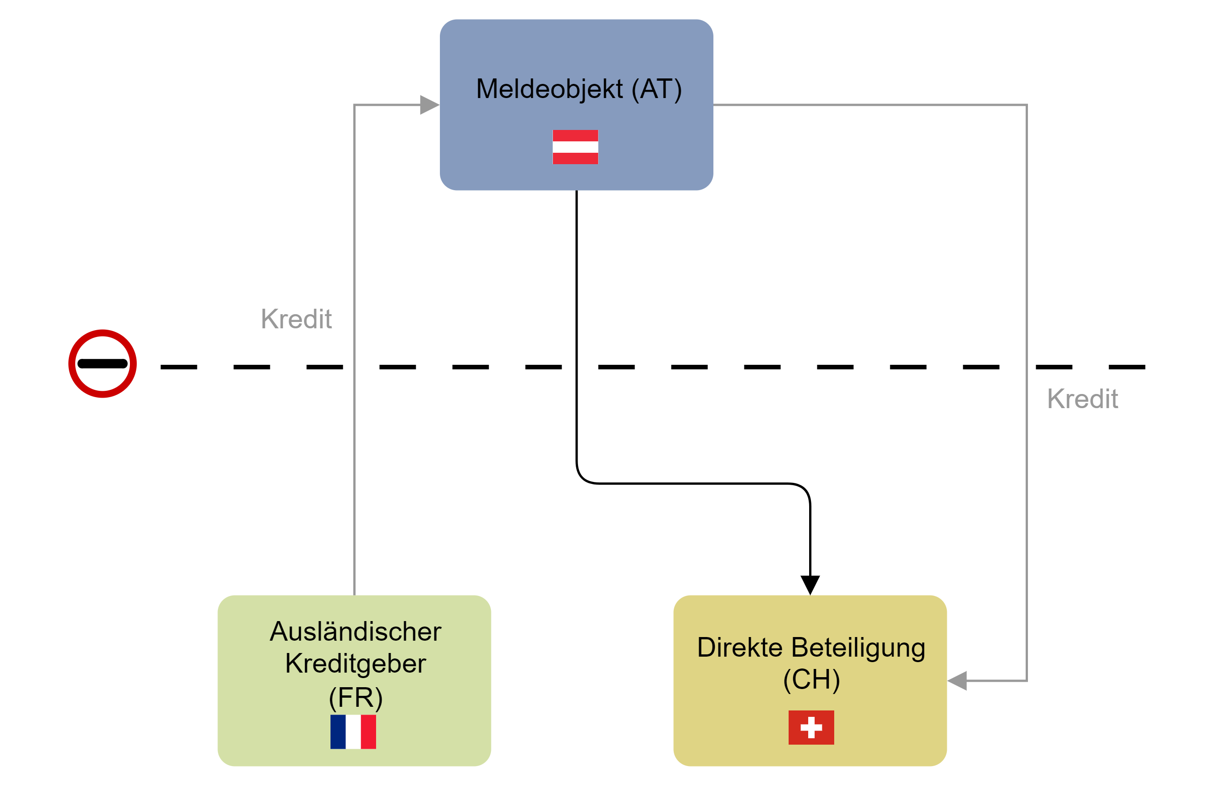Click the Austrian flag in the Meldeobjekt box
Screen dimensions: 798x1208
tap(575, 147)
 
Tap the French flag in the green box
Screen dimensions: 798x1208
tap(353, 732)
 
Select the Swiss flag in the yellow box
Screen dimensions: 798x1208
tap(811, 727)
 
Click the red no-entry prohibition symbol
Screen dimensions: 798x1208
tap(103, 363)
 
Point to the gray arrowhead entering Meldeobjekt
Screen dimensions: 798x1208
tap(429, 105)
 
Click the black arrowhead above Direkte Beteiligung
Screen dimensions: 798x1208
tap(810, 584)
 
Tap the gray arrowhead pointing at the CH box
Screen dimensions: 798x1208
tap(957, 680)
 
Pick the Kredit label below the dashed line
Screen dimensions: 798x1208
tap(1082, 399)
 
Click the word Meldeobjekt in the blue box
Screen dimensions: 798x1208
tap(549, 89)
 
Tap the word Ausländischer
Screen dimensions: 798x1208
tap(355, 632)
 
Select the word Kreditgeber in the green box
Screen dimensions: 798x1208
tap(355, 663)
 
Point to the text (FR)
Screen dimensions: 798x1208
tap(355, 697)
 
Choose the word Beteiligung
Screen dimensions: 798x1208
tap(858, 648)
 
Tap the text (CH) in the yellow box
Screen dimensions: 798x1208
tap(811, 679)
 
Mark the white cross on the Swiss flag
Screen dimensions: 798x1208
tap(811, 727)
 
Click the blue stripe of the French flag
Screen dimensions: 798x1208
tap(338, 732)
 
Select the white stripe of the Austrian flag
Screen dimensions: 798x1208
tap(575, 147)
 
